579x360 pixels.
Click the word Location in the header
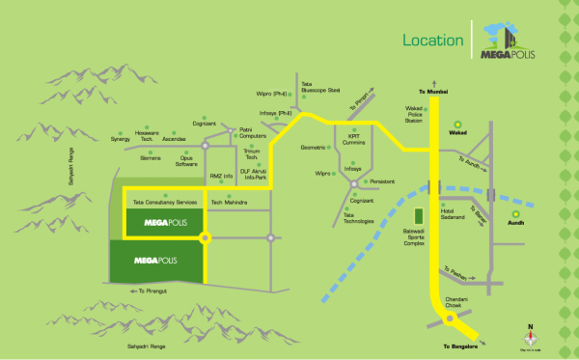tap(431, 42)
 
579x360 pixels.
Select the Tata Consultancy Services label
tap(165, 202)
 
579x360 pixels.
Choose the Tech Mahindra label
tap(229, 202)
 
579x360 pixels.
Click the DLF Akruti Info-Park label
tap(255, 175)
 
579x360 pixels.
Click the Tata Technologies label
tap(357, 217)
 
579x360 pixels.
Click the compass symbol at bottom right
tap(528, 338)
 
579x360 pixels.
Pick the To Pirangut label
tap(157, 291)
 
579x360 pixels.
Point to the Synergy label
tap(120, 139)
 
